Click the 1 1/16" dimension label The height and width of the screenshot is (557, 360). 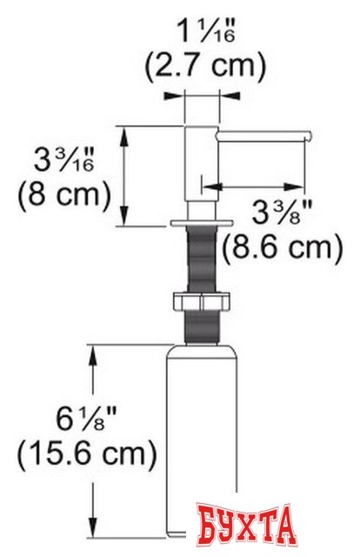(x=206, y=31)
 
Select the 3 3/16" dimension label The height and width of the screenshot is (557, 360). (x=63, y=159)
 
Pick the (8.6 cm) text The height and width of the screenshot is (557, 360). (x=283, y=247)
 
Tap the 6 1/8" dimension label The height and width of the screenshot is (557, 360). (x=86, y=419)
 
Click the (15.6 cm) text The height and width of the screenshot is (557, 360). (x=87, y=453)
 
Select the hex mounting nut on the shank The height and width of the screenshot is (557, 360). (x=201, y=301)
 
